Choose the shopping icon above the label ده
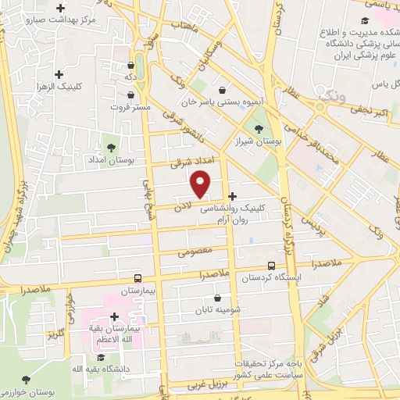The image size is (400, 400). coord(130,66)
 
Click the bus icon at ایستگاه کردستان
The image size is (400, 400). coord(271,266)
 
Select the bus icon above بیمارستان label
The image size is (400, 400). coord(137,278)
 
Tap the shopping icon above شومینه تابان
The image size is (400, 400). coord(216,298)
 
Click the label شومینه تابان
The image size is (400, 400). coord(216,310)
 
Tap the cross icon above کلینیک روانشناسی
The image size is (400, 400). coord(232,196)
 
